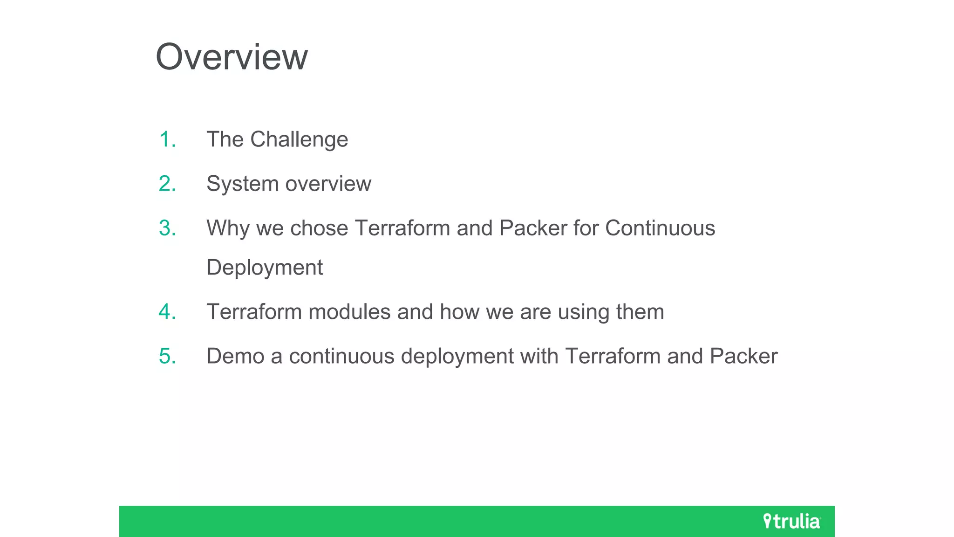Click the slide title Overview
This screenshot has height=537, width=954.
click(x=232, y=57)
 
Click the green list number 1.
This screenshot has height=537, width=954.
click(x=167, y=139)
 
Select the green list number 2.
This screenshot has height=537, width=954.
click(x=167, y=184)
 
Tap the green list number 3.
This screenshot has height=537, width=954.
click(x=167, y=228)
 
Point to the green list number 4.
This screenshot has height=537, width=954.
click(x=167, y=312)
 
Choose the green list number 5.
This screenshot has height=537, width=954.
click(x=167, y=356)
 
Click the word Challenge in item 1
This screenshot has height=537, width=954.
click(x=299, y=139)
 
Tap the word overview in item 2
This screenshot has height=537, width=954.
click(x=328, y=184)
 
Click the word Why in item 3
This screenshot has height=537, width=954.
click(x=228, y=228)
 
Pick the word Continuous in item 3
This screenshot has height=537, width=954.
click(x=660, y=228)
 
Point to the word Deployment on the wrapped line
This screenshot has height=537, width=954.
click(x=264, y=268)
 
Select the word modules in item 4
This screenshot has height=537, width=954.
click(x=349, y=312)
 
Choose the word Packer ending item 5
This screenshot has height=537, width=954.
click(x=743, y=356)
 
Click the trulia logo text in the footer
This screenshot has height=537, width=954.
click(x=797, y=522)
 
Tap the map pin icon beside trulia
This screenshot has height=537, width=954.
click(x=767, y=521)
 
